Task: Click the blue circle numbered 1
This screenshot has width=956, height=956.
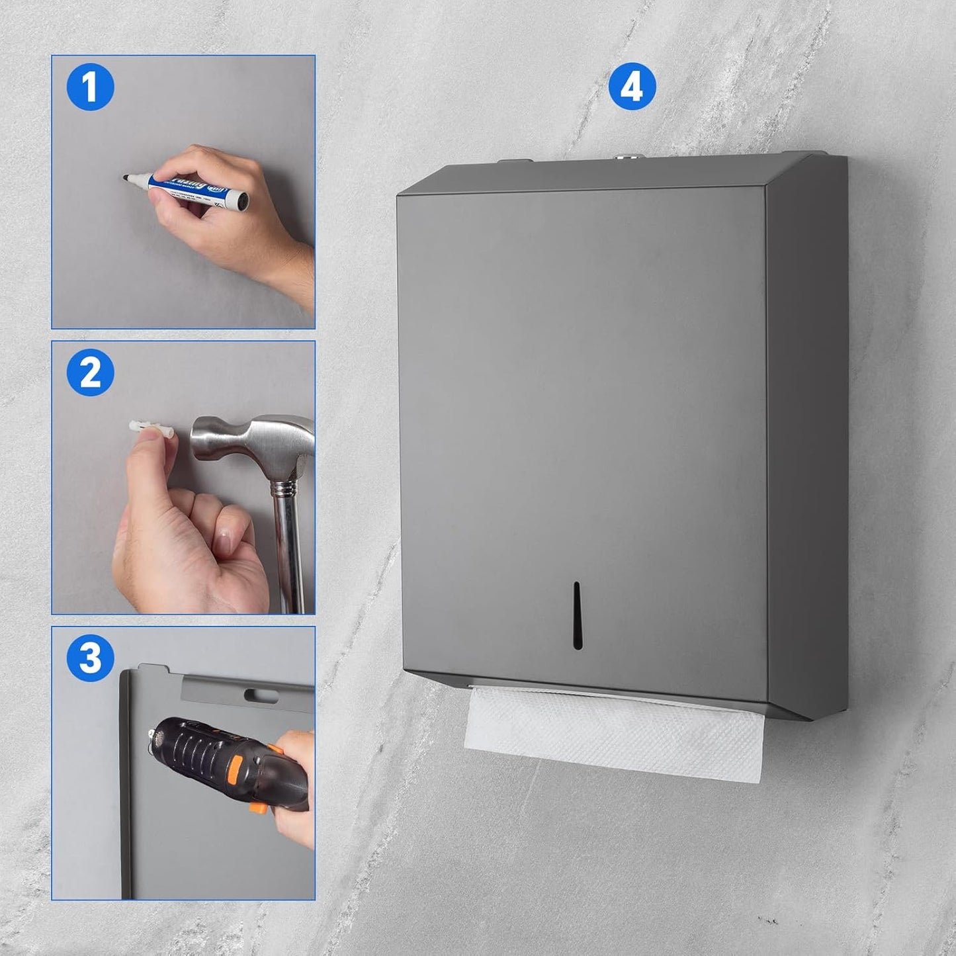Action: (x=91, y=87)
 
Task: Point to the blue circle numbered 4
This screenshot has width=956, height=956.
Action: (x=632, y=87)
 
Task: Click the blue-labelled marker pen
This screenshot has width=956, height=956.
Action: (x=192, y=186)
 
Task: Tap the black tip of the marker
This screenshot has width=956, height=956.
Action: (x=126, y=177)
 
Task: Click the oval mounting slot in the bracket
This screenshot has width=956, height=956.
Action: (x=261, y=695)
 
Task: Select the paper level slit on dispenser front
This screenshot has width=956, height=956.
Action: (x=576, y=615)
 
